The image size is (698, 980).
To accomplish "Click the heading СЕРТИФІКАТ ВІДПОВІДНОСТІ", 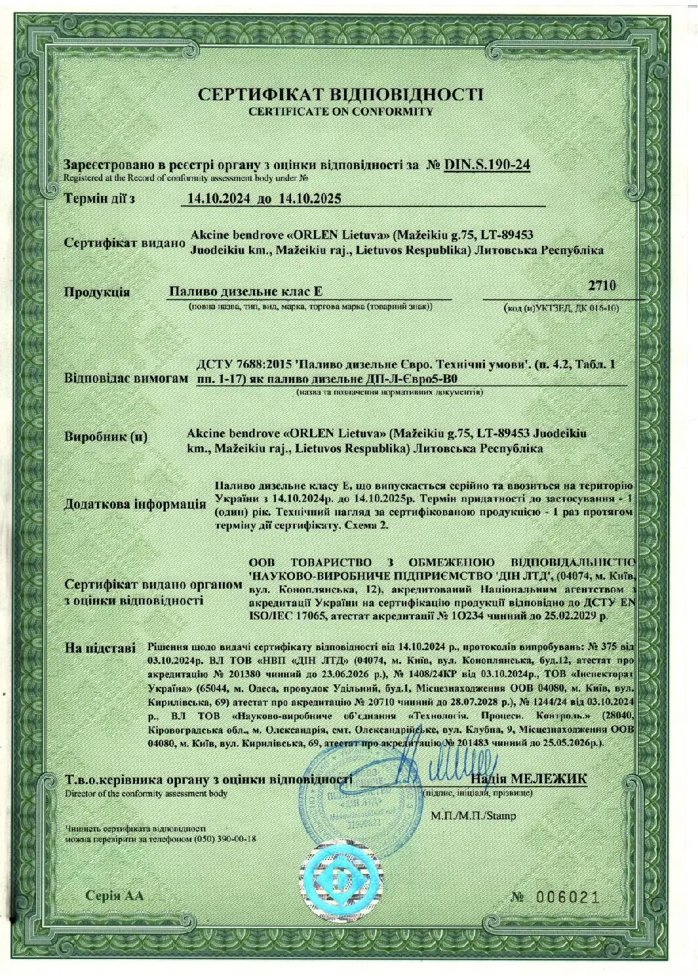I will pyautogui.click(x=341, y=94).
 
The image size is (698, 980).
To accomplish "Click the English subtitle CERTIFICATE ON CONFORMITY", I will pyautogui.click(x=341, y=111).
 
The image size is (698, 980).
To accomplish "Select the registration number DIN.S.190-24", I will pyautogui.click(x=486, y=165).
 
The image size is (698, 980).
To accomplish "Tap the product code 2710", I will pyautogui.click(x=602, y=286).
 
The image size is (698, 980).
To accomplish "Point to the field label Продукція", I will pyautogui.click(x=97, y=292).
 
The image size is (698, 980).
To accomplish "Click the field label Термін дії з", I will pyautogui.click(x=99, y=198).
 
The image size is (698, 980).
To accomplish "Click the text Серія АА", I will pyautogui.click(x=113, y=895).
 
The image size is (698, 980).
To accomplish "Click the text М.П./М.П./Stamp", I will pyautogui.click(x=473, y=816).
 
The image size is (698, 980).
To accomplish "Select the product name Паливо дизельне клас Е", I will pyautogui.click(x=246, y=291).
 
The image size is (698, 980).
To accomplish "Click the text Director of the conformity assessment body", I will pyautogui.click(x=146, y=793).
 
